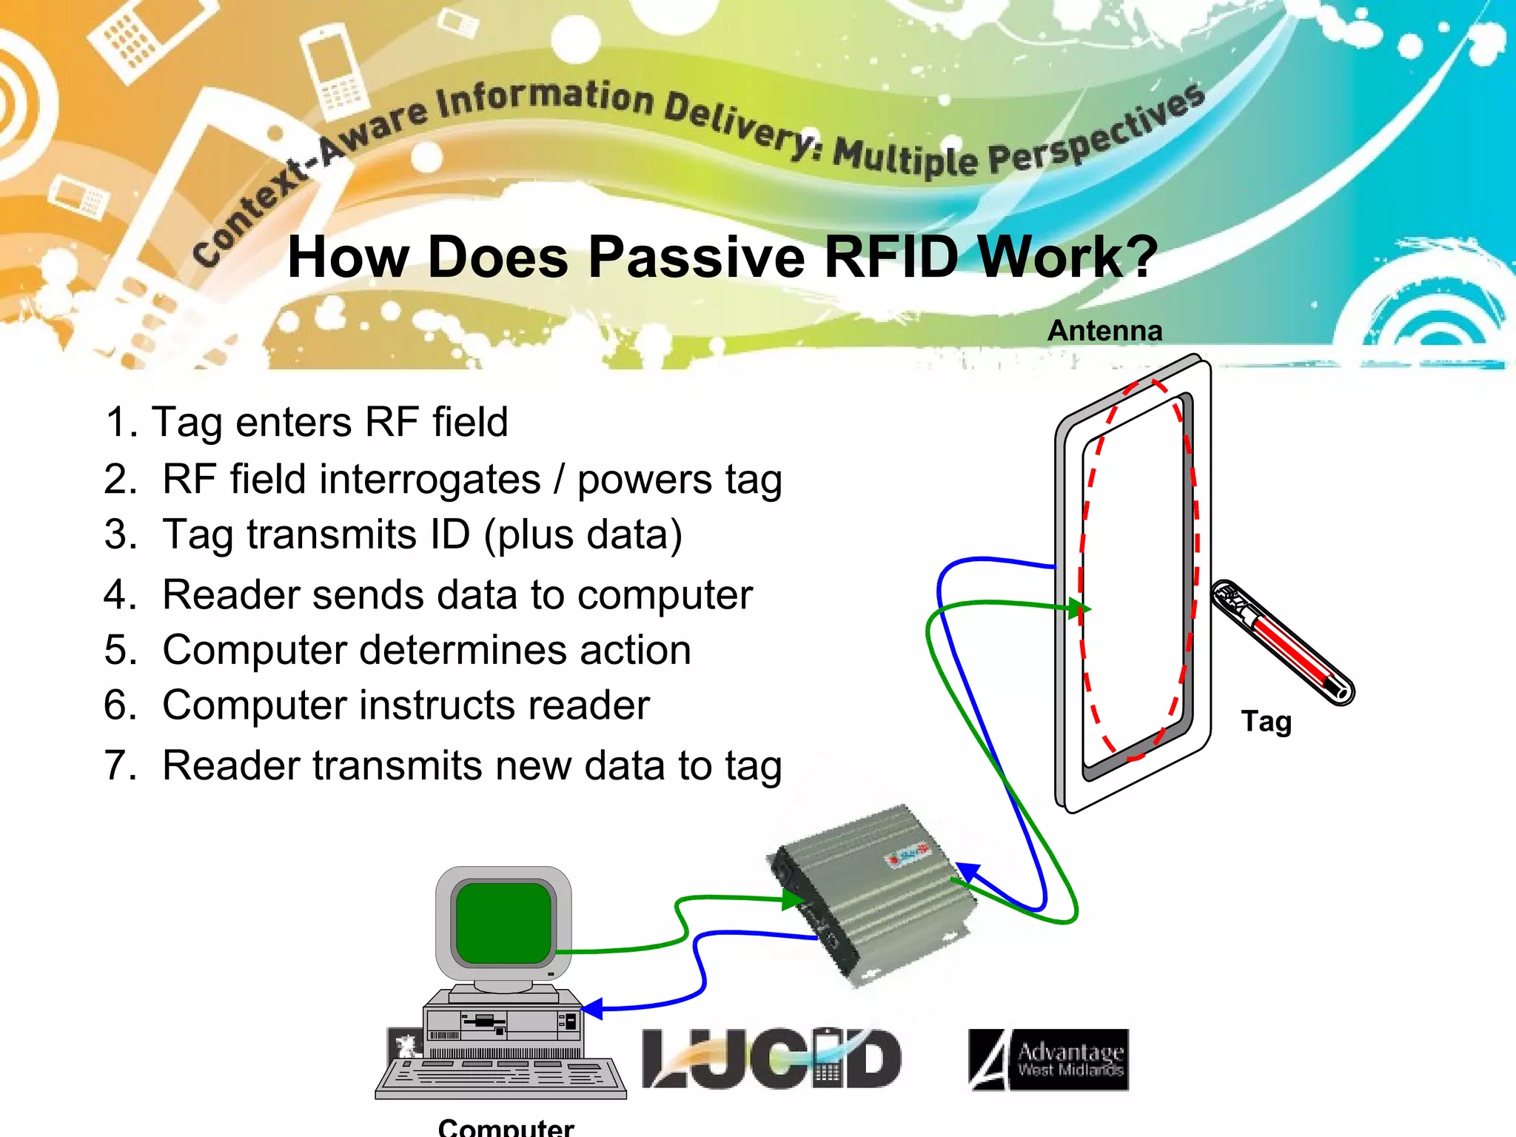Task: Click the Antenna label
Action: [x=1104, y=331]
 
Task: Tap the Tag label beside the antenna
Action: [x=1267, y=721]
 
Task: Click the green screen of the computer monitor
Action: [x=503, y=922]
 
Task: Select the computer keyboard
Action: [x=501, y=1077]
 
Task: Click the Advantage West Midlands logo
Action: [x=1049, y=1059]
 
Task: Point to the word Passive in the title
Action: [x=697, y=258]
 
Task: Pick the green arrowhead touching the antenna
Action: [x=1080, y=609]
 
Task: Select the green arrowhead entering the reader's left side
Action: [x=794, y=899]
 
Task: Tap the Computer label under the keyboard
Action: [x=506, y=1127]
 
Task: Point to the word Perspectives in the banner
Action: [x=1096, y=137]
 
